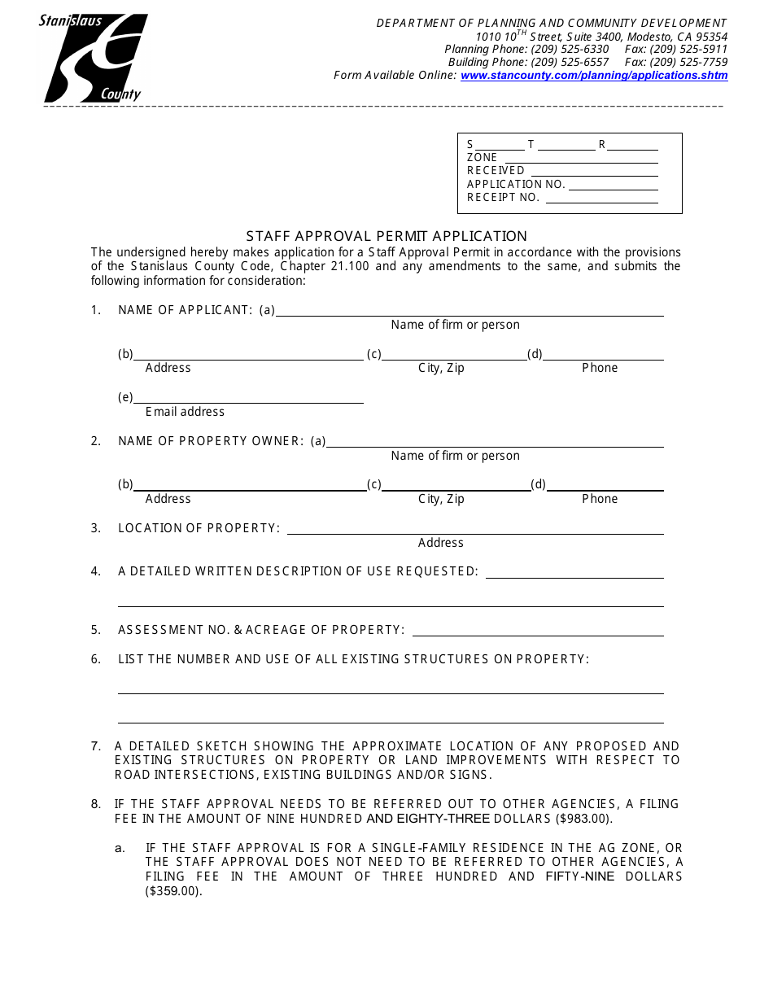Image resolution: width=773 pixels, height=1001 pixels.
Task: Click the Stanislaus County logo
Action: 94,58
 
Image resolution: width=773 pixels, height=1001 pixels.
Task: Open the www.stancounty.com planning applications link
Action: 594,76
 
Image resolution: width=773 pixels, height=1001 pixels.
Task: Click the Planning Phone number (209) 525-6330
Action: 570,50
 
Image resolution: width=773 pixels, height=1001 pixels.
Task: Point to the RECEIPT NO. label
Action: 503,198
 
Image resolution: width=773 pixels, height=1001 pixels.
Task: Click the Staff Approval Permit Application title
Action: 386,236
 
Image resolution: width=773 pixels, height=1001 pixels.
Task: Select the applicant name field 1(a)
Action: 469,311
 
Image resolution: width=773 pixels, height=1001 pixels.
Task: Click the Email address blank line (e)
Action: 248,398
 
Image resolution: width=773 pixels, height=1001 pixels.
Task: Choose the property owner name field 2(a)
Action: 495,442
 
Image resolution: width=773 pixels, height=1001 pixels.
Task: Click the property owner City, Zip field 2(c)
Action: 456,486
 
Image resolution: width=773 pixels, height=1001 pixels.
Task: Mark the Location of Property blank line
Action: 475,529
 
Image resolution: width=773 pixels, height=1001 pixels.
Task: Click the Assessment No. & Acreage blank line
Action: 538,631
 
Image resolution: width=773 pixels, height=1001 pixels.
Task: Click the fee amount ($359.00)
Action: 173,891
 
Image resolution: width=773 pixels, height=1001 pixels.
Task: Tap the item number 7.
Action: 96,746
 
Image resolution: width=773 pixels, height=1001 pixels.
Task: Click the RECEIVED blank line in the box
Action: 594,172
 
